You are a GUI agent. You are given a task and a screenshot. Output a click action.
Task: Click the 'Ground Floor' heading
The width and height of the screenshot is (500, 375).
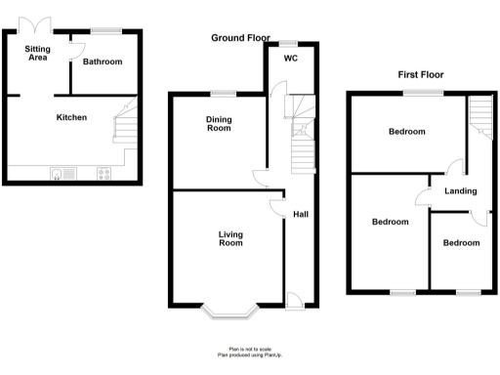[241, 38]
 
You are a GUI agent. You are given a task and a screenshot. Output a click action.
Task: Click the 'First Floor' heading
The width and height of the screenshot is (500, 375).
[421, 74]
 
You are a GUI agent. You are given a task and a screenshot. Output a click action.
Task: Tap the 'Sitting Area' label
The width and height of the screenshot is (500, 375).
[39, 53]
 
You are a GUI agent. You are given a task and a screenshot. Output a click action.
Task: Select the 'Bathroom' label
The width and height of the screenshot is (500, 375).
[103, 62]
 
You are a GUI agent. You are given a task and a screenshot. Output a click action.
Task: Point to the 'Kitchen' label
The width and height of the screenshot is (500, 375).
[71, 117]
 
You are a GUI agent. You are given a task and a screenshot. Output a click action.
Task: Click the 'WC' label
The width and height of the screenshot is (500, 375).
[290, 59]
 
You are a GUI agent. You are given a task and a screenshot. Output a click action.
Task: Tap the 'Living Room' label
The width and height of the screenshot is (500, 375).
[230, 238]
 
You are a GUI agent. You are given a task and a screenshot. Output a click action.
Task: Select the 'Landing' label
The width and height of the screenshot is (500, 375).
[461, 190]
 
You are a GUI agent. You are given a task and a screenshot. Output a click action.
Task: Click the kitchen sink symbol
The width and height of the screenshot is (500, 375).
[62, 174]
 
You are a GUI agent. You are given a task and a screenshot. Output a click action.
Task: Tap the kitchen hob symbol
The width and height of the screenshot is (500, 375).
[104, 174]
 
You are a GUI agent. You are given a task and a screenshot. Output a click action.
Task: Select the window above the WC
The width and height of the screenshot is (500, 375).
[289, 42]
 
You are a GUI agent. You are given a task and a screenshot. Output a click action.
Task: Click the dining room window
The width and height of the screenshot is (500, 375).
[223, 93]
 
